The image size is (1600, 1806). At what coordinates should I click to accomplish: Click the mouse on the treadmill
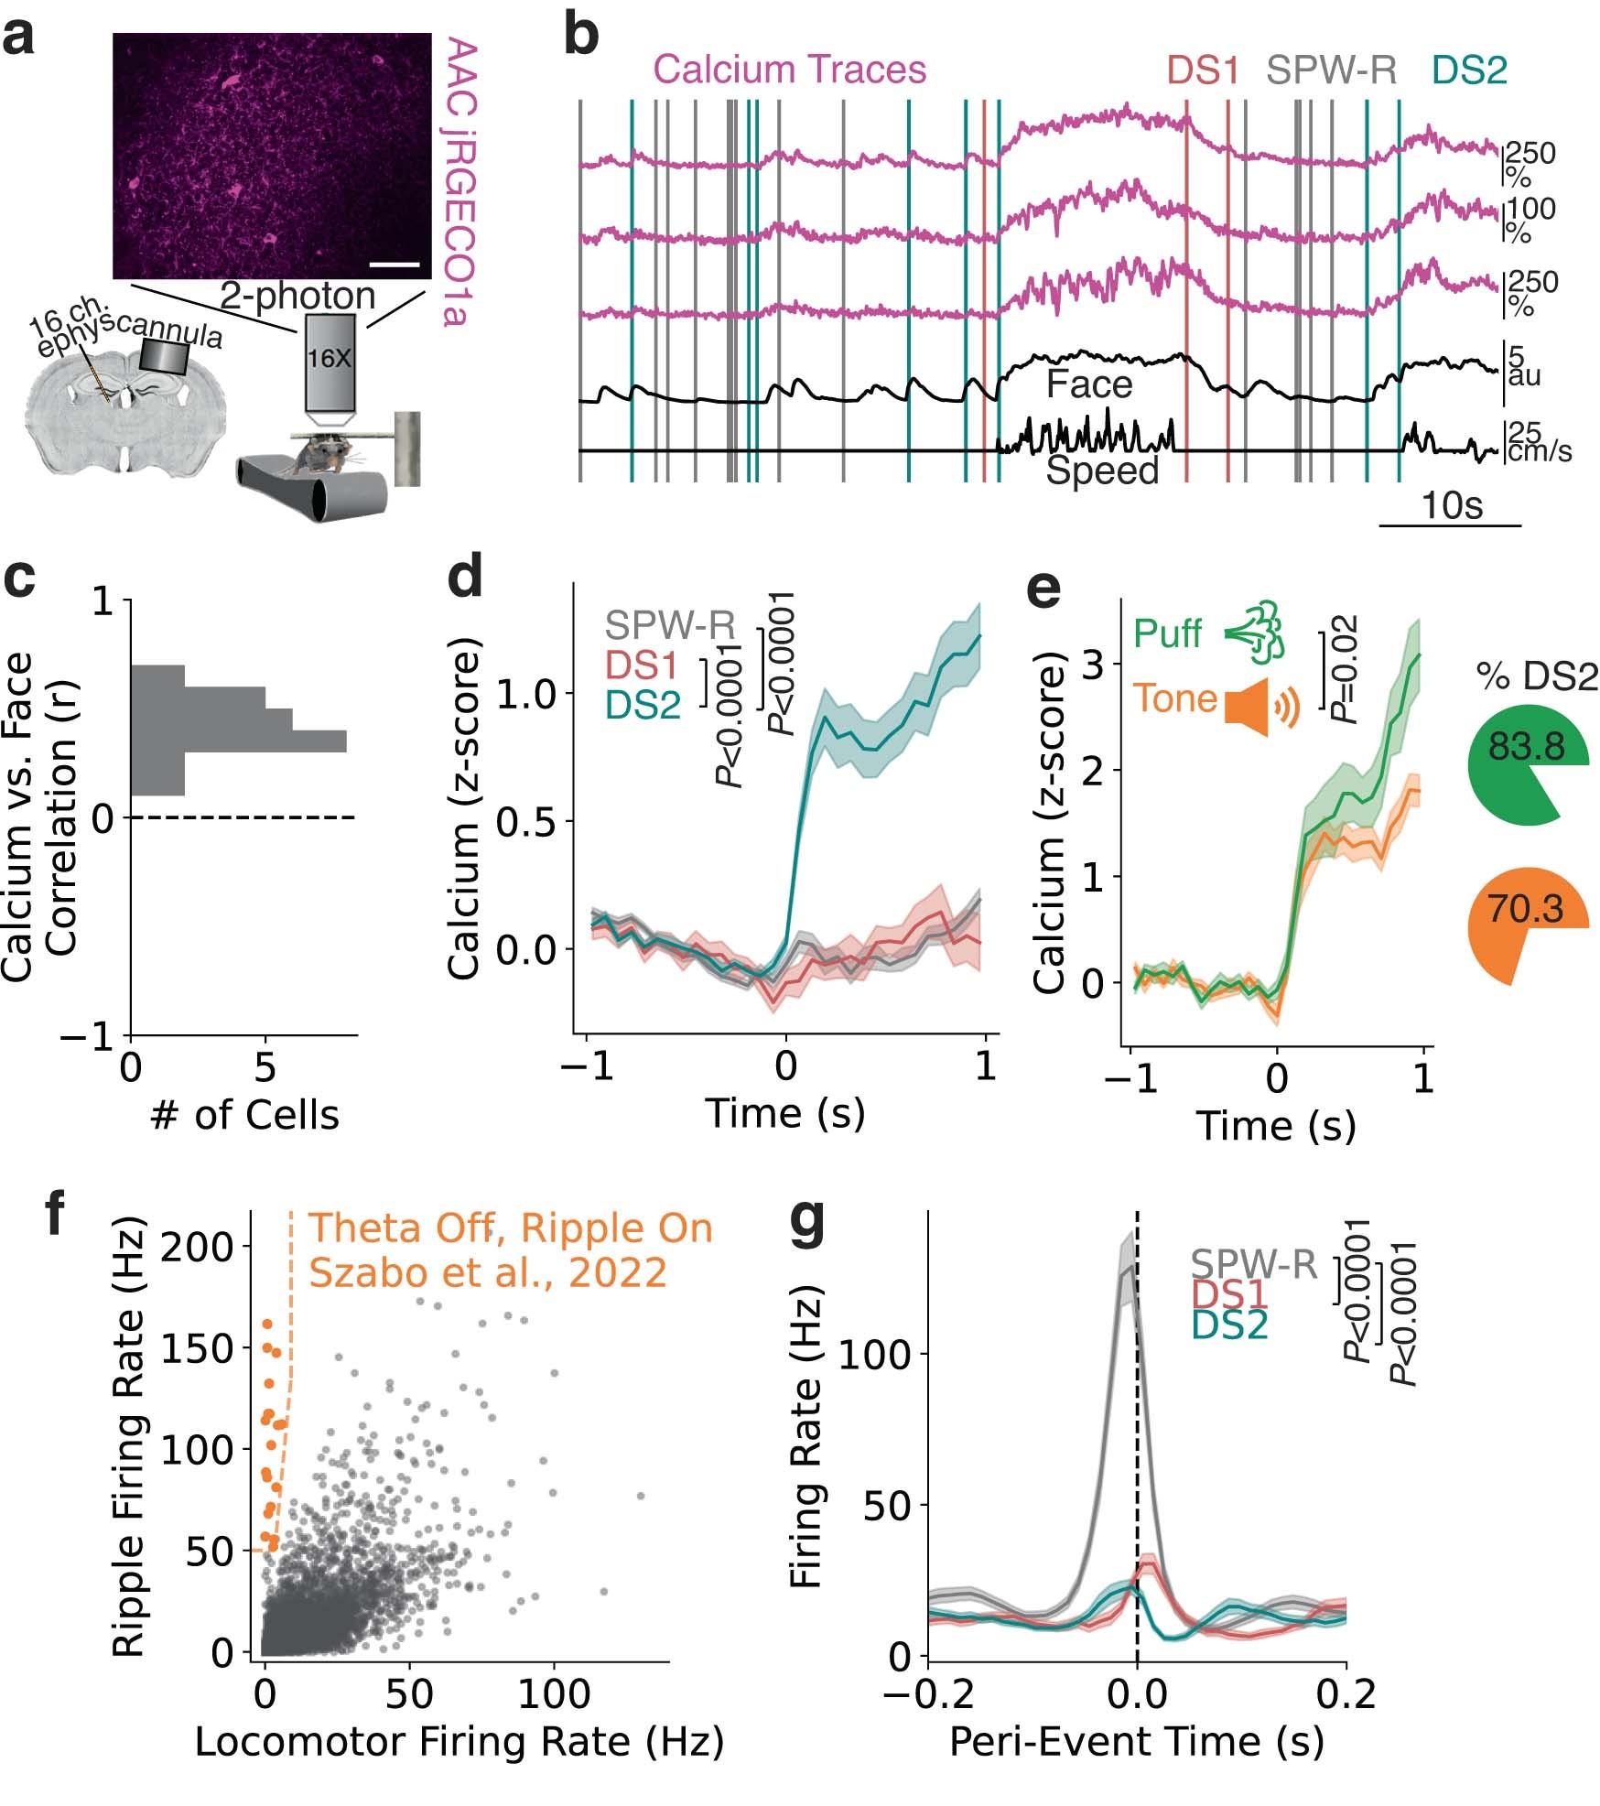pos(317,454)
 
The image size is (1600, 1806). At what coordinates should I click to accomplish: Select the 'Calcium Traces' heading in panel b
pos(789,70)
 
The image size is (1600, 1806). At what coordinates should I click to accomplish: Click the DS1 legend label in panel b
pos(1203,70)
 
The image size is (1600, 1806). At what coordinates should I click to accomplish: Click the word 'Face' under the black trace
pos(1088,384)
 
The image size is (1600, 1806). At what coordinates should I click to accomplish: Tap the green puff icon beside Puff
pos(1256,633)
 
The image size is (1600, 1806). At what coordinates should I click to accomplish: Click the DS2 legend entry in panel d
pos(643,705)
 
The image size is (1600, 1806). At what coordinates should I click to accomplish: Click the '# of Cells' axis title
pos(243,1115)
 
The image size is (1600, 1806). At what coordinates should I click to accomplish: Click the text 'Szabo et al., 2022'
pos(487,1272)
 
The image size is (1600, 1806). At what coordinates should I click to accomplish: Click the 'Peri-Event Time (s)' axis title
pos(1136,1740)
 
